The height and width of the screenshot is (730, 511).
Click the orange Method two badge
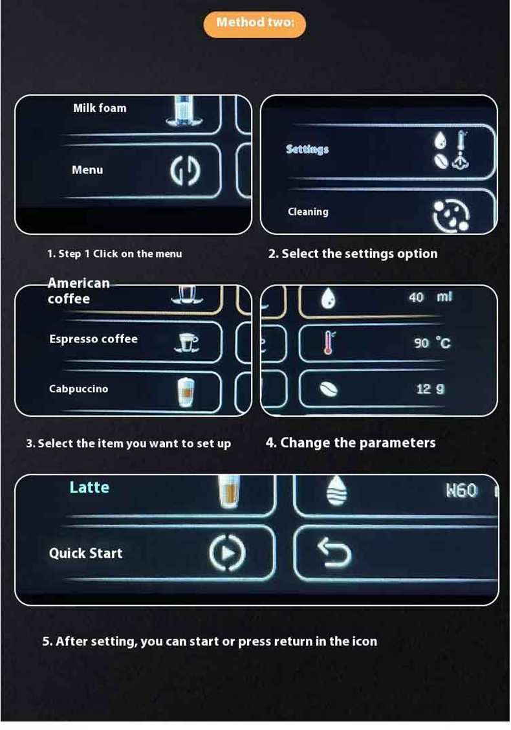point(255,24)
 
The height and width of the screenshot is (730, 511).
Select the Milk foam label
point(100,108)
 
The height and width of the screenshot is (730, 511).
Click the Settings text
point(307,149)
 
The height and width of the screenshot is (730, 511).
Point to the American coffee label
point(79,291)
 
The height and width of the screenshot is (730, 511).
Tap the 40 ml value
point(430,297)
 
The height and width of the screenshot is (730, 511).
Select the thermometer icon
point(329,342)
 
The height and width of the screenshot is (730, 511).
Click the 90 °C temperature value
point(432,343)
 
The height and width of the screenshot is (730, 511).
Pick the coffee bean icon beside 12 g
point(329,389)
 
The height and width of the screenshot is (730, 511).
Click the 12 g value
point(430,389)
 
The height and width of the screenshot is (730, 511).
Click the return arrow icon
point(334,551)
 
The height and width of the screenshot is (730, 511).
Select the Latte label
point(89,487)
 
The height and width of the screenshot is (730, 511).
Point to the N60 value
point(462,491)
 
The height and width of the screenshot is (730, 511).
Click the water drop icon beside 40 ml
point(328,298)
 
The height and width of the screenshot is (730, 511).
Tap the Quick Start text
point(85,553)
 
